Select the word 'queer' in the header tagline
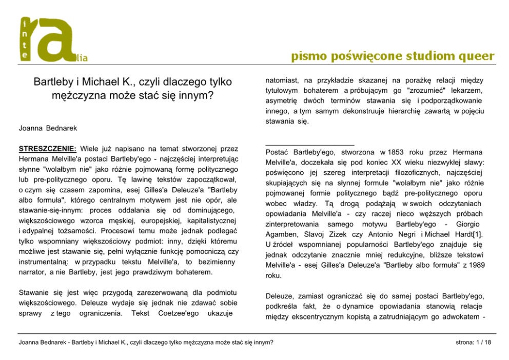tap(473, 56)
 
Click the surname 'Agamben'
tap(283, 234)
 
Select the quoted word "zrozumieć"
tap(418, 90)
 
